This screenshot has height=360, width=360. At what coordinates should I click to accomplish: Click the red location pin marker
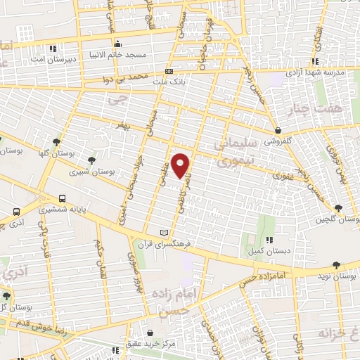[x=181, y=165]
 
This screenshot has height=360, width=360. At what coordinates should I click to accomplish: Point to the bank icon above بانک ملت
[x=169, y=71]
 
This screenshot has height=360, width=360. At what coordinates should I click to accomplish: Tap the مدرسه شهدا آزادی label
[x=312, y=73]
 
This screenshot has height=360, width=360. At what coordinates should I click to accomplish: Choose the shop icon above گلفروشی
[x=278, y=130]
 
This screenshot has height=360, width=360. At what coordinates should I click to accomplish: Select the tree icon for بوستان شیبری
[x=91, y=161]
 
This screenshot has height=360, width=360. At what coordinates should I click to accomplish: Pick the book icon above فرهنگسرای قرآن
[x=165, y=233]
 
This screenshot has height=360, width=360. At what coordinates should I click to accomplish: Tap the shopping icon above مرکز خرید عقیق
[x=150, y=334]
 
